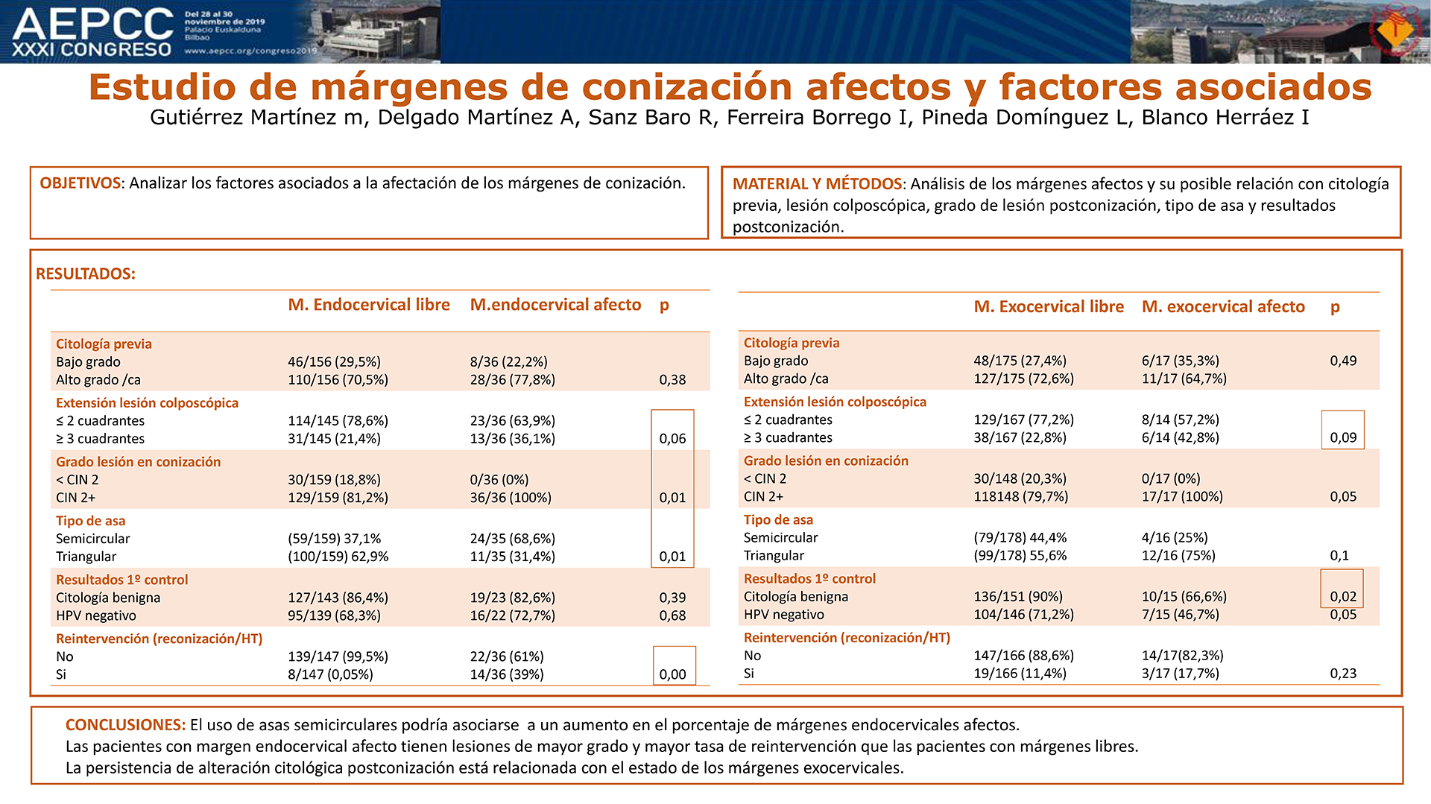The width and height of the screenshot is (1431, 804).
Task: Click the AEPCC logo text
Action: [x=92, y=24]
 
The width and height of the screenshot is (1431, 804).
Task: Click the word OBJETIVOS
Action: [x=80, y=183]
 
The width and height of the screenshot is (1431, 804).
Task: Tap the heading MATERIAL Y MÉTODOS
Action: [x=818, y=184]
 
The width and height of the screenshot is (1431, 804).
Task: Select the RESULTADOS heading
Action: [x=86, y=273]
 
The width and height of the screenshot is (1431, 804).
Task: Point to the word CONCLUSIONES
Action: [x=125, y=725]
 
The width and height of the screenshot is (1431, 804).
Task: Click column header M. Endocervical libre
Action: [x=369, y=305]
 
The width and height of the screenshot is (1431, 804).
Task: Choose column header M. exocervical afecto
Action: [x=1223, y=307]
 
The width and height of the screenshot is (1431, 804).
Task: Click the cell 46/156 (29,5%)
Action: [x=334, y=362]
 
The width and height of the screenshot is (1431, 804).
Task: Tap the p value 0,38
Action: [x=672, y=380]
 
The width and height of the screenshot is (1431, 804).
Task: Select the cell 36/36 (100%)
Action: [x=511, y=498]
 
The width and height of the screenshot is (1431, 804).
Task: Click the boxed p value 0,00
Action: [x=672, y=675]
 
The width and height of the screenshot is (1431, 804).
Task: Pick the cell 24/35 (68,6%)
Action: [x=512, y=539]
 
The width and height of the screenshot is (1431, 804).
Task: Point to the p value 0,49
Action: [x=1343, y=361]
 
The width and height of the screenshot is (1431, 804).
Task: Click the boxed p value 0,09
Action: [x=1343, y=438]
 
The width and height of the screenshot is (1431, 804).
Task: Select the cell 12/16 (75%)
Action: [x=1178, y=556]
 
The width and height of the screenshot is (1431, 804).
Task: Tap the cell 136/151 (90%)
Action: [x=1018, y=597]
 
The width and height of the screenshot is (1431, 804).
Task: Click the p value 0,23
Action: [x=1343, y=674]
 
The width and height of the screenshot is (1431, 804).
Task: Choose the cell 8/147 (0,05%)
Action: [x=330, y=675]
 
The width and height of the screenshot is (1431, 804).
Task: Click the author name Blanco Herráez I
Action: [x=1225, y=118]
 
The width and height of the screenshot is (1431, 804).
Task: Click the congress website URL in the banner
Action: [x=250, y=51]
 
